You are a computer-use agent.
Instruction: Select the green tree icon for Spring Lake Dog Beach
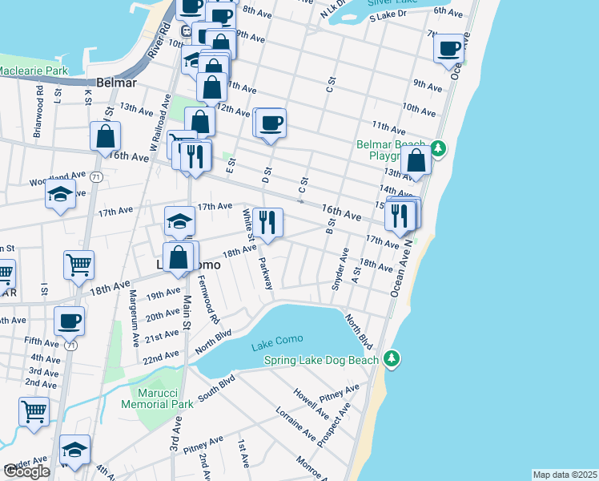[x=391, y=358]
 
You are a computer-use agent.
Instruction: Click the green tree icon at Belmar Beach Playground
[x=437, y=148]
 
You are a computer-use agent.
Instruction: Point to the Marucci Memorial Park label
[x=162, y=398]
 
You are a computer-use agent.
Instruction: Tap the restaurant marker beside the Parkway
[x=267, y=221]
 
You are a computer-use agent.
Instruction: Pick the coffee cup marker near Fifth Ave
[x=68, y=321]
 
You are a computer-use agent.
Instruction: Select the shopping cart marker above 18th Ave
[x=78, y=265]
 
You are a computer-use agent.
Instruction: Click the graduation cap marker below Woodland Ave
[x=60, y=195]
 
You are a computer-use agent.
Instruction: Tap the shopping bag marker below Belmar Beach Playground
[x=417, y=160]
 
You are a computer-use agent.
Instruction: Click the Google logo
[x=27, y=471]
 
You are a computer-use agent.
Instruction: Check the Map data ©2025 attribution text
[x=565, y=475]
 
